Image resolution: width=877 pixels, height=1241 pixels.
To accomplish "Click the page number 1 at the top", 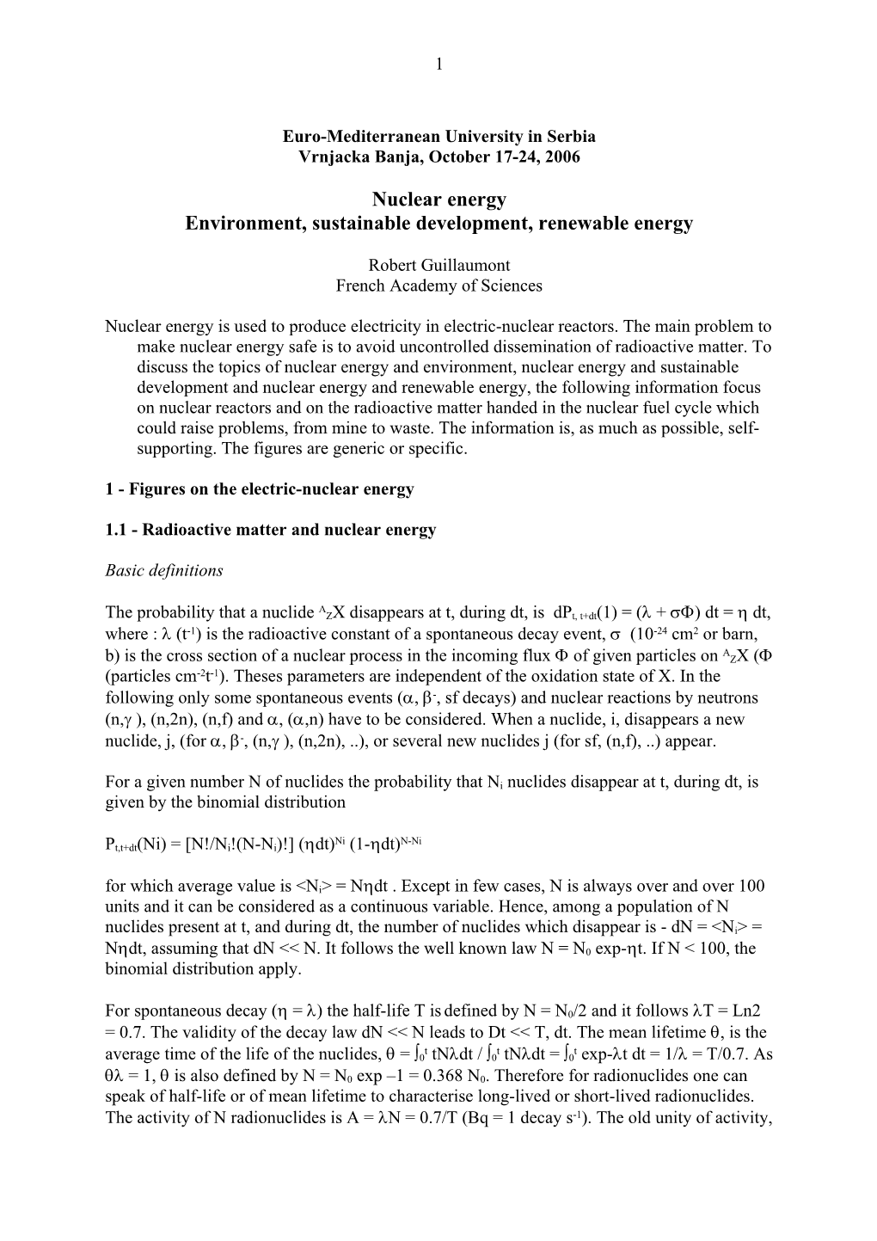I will pyautogui.click(x=439, y=62).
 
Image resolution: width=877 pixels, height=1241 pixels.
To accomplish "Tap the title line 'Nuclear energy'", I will pyautogui.click(x=439, y=200).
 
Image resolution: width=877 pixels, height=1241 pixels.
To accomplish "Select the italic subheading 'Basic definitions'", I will pyautogui.click(x=163, y=570).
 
